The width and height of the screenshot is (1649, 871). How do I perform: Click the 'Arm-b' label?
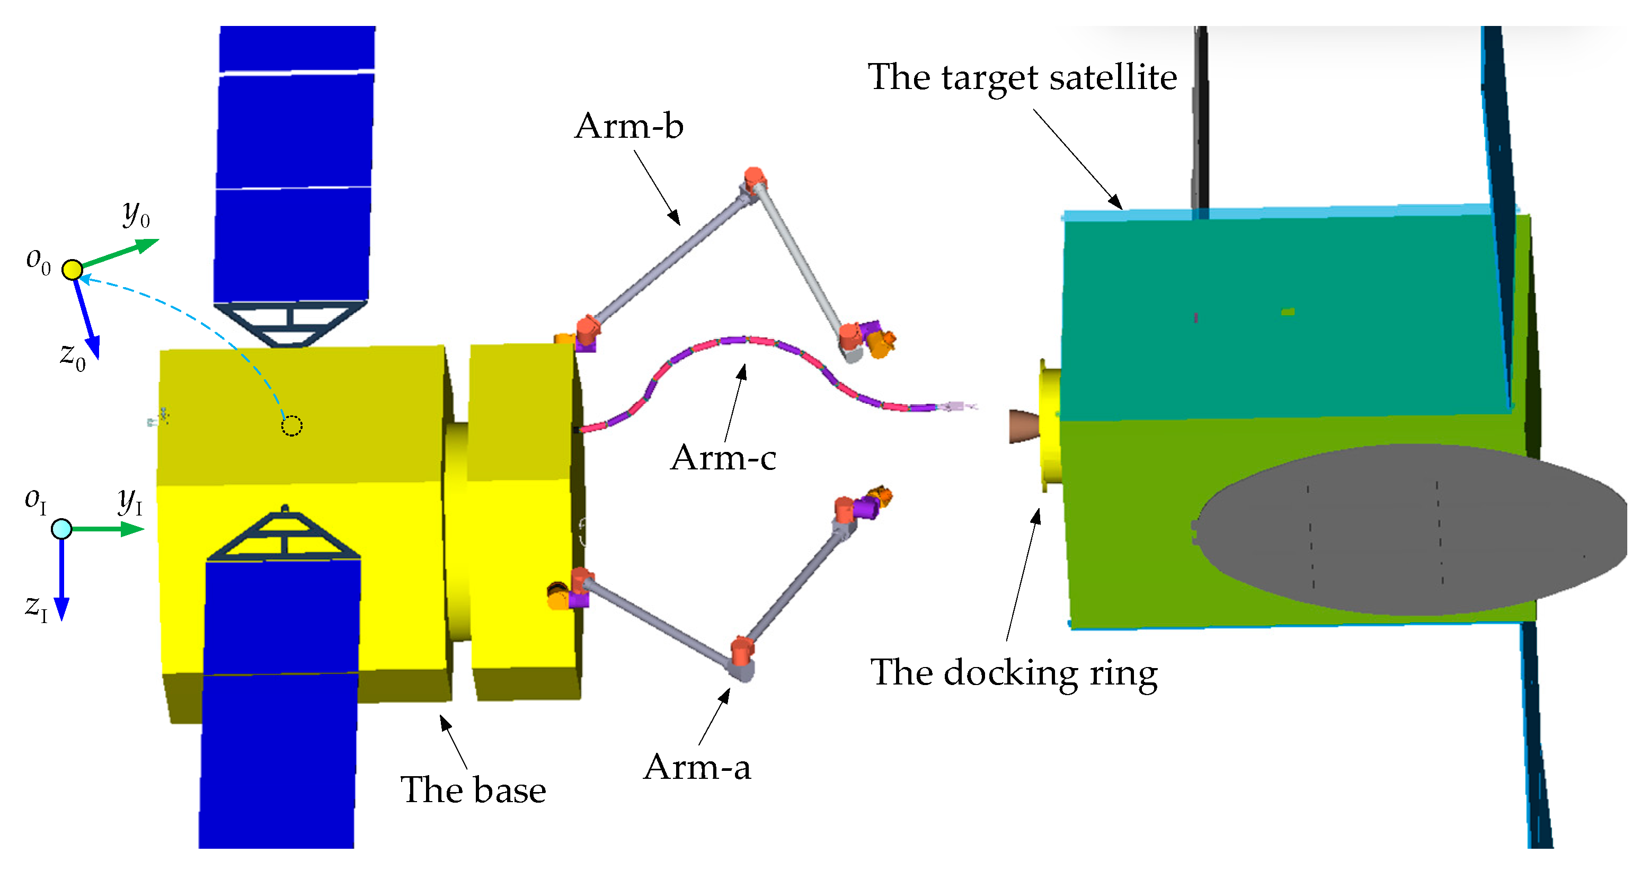pyautogui.click(x=628, y=126)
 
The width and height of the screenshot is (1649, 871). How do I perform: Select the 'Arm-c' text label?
pyautogui.click(x=723, y=458)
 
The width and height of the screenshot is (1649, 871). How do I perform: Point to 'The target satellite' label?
pyautogui.click(x=1022, y=78)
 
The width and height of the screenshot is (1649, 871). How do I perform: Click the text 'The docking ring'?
pyautogui.click(x=1014, y=674)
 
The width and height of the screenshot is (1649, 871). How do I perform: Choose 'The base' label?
pyautogui.click(x=473, y=790)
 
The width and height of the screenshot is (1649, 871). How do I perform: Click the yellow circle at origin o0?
pyautogui.click(x=73, y=270)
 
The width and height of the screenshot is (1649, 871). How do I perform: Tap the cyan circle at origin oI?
pyautogui.click(x=61, y=529)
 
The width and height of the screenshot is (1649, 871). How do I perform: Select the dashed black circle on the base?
pyautogui.click(x=292, y=425)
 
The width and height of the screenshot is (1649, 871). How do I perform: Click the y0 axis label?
pyautogui.click(x=136, y=213)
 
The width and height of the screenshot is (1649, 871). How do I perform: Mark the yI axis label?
pyautogui.click(x=130, y=501)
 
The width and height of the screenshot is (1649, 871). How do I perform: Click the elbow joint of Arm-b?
pyautogui.click(x=754, y=183)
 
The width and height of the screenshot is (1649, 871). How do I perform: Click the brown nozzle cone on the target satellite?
pyautogui.click(x=1024, y=425)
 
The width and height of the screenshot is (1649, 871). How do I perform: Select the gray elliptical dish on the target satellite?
pyautogui.click(x=1408, y=530)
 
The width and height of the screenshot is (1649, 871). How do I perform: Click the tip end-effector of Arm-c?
pyautogui.click(x=958, y=406)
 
